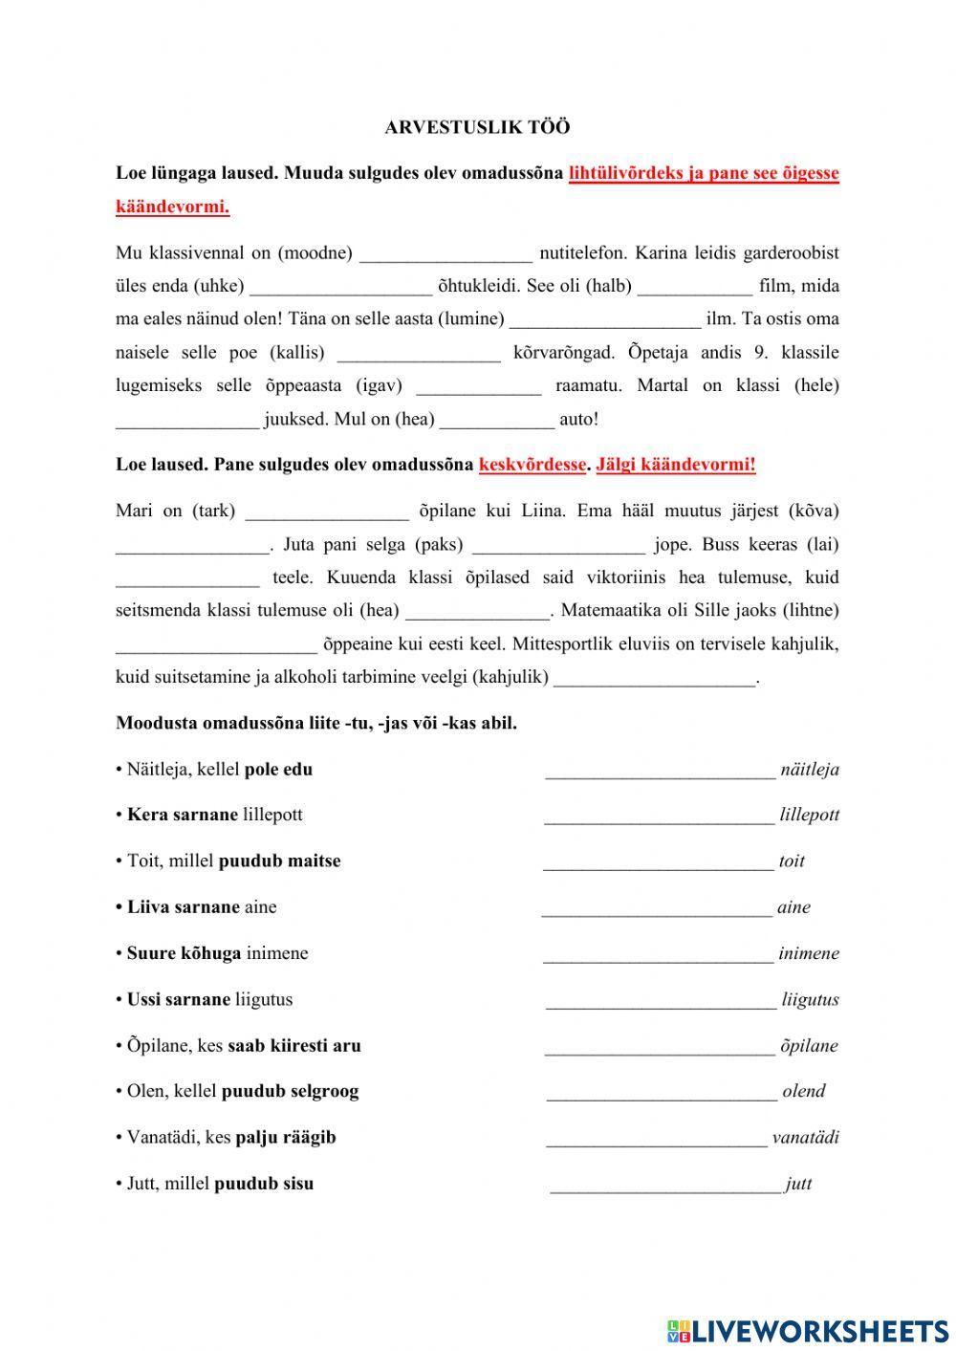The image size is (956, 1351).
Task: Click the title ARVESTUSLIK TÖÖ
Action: coord(477,126)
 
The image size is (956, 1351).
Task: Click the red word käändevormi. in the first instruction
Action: coord(172,207)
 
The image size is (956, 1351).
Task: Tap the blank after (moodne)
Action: coord(446,254)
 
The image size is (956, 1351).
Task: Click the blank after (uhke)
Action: coord(341,287)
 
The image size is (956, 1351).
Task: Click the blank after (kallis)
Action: coord(419,354)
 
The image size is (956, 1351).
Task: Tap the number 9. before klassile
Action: coord(760,353)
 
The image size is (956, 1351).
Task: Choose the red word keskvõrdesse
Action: coord(532,465)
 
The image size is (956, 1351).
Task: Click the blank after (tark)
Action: coord(327,512)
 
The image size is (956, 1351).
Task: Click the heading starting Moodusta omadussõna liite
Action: coord(316,723)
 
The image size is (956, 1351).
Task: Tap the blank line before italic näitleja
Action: coord(660,771)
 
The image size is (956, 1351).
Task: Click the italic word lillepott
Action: coord(809,816)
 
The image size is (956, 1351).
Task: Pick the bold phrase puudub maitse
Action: coord(279,861)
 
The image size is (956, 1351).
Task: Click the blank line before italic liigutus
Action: coord(661,1001)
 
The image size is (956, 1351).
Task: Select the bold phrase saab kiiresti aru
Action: coord(294,1045)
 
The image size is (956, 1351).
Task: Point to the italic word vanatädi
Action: coord(805,1138)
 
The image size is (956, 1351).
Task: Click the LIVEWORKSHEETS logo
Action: coord(808,1330)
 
